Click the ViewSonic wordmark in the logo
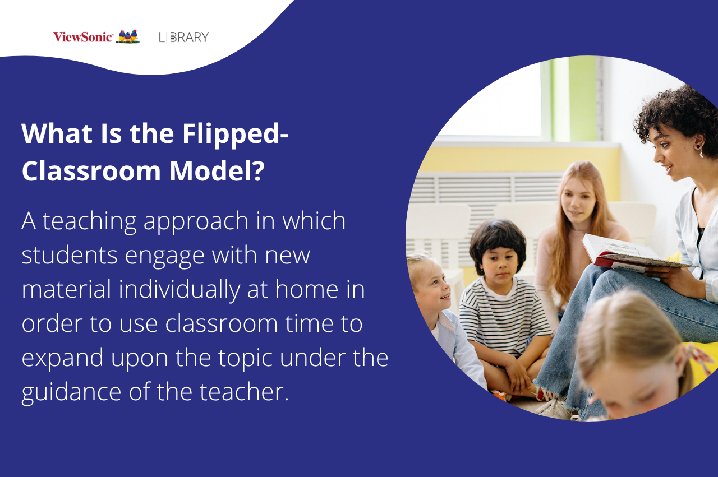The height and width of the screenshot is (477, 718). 83,37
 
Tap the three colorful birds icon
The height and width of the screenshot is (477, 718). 128,37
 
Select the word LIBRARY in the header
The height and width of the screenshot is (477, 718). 183,37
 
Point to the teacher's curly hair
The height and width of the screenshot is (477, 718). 676,109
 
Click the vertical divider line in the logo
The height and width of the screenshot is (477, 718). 150,37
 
